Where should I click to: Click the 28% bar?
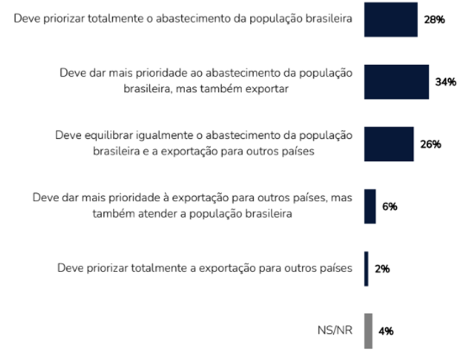coord(391,19)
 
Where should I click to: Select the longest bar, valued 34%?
coord(396,82)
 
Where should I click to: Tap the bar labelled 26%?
coord(388,144)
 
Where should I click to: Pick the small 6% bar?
coord(370,207)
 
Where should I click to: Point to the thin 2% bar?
coord(366,269)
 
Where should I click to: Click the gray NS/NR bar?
coord(368,331)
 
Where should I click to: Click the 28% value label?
coord(434,20)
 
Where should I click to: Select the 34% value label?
coord(445,82)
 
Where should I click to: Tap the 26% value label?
coord(430,145)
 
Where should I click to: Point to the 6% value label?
coord(390,207)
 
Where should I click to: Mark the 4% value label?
coord(386,331)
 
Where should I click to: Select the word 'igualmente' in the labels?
coord(155,136)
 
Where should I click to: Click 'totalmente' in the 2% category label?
coord(156,269)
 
